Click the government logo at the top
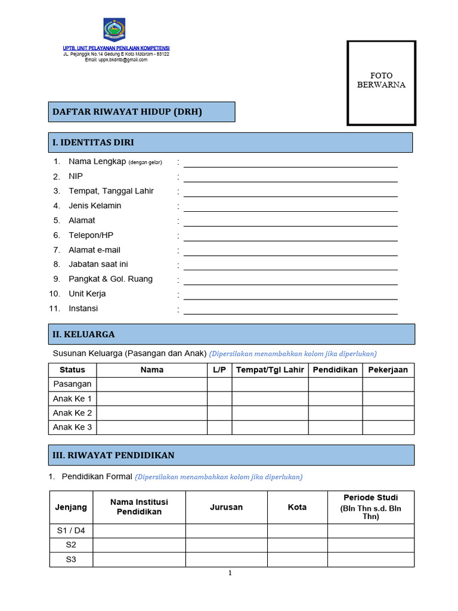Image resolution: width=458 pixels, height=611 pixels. (x=114, y=29)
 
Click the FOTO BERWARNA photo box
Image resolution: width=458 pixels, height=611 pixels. (x=381, y=83)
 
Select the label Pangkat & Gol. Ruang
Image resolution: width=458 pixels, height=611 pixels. (x=110, y=279)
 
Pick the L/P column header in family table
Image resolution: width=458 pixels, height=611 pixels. (x=219, y=370)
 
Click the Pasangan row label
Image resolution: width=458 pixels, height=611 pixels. (x=72, y=384)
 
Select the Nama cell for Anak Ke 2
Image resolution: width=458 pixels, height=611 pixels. (x=151, y=413)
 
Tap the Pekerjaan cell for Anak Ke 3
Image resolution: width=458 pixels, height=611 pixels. (x=388, y=427)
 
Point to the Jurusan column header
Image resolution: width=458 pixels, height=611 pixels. (x=226, y=507)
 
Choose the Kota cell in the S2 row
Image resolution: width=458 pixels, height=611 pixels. (x=297, y=545)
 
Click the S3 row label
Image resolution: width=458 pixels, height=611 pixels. (x=71, y=560)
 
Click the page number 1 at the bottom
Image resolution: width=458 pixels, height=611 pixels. (x=230, y=573)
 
